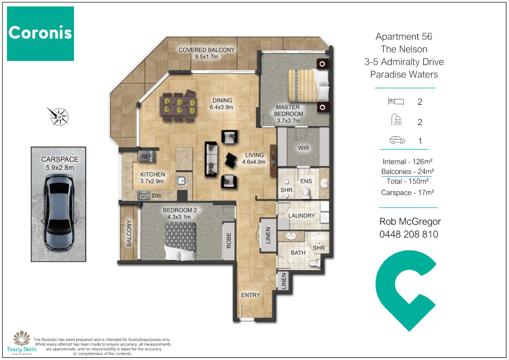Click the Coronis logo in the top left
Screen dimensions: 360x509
click(x=40, y=33)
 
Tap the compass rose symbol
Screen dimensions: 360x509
click(x=58, y=117)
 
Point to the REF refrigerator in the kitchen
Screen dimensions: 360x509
click(x=147, y=156)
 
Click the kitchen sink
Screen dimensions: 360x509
click(x=181, y=181)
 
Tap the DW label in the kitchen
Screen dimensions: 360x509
click(x=157, y=196)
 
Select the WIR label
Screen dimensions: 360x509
click(x=303, y=148)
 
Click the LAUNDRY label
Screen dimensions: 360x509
click(x=301, y=216)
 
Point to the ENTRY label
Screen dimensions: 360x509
click(x=250, y=295)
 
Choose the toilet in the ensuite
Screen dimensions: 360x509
click(x=306, y=193)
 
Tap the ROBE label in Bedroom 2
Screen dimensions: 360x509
click(x=229, y=241)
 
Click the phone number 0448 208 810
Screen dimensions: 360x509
click(x=409, y=234)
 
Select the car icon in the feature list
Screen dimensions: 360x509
click(x=397, y=140)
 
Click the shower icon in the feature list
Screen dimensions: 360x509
click(x=396, y=120)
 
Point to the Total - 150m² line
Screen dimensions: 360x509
click(x=407, y=181)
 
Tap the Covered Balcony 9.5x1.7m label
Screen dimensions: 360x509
click(x=206, y=53)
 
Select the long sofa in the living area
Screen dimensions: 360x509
click(x=211, y=159)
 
